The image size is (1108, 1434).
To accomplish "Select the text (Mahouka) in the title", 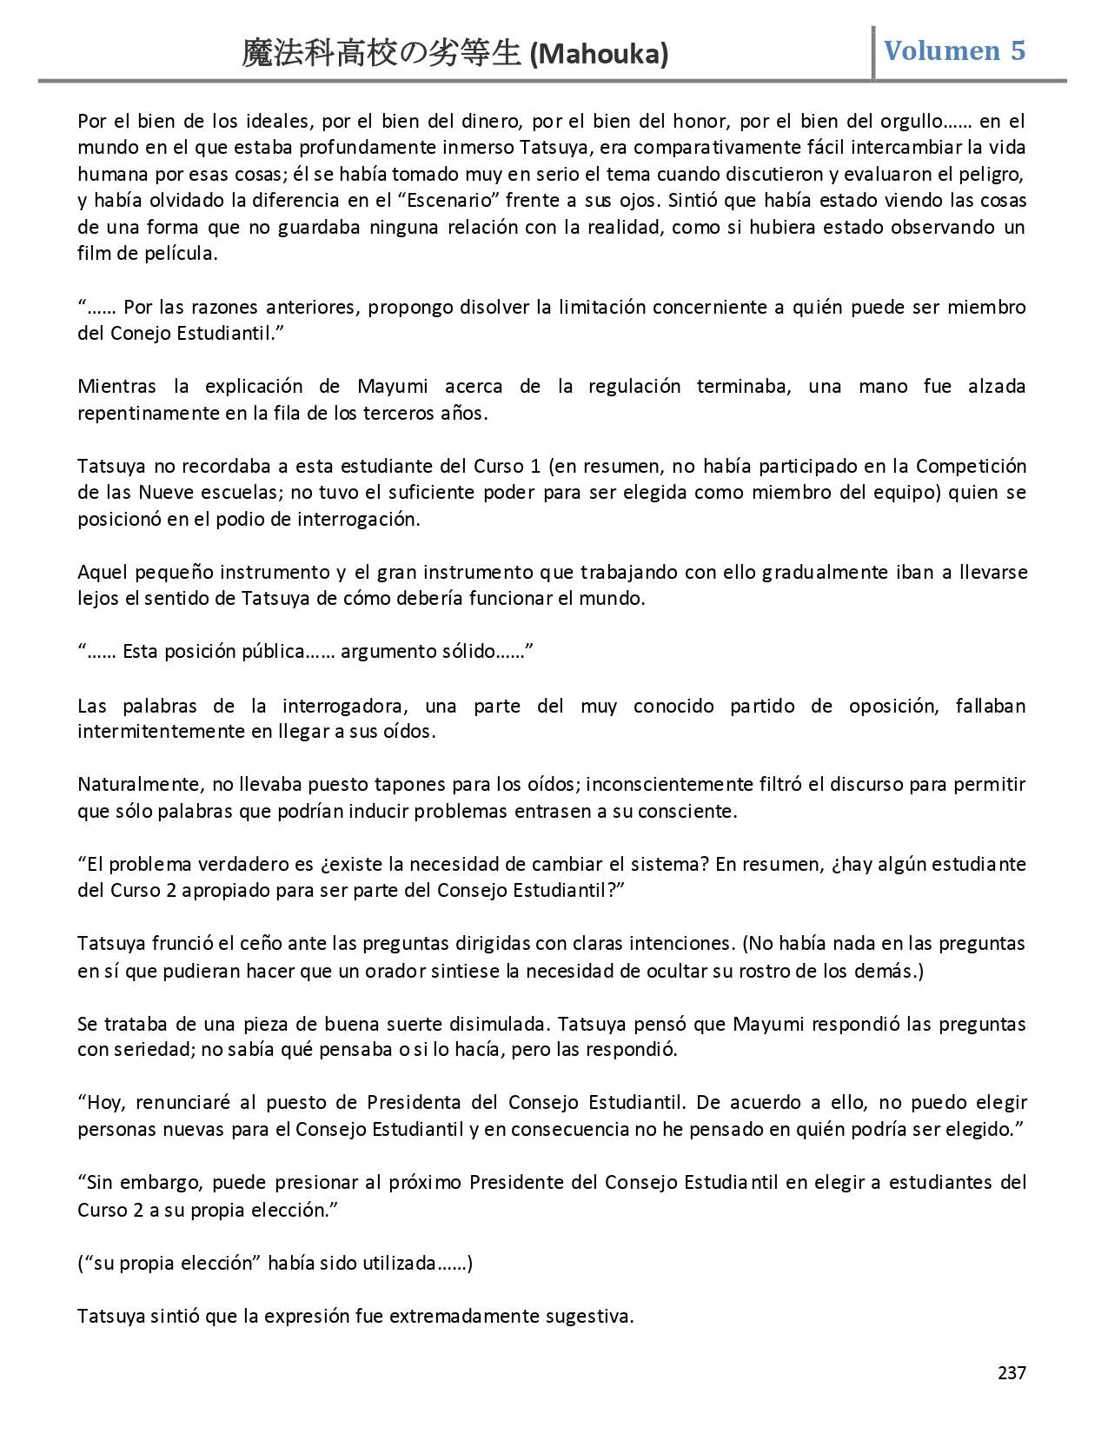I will pos(599,55).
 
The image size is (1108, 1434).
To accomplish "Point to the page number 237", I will pos(1012,1373).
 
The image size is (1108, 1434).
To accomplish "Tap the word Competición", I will pos(971,466).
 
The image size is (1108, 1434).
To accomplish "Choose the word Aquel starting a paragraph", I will pos(102,572).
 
